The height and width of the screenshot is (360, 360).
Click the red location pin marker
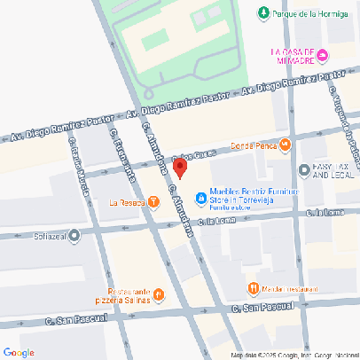click(x=178, y=168)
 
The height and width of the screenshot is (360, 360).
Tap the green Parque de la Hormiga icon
click(x=262, y=12)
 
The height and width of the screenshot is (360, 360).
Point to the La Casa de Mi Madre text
click(x=293, y=56)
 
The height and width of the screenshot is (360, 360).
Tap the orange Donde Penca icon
click(x=285, y=145)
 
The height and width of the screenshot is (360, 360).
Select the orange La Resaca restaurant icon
click(x=154, y=202)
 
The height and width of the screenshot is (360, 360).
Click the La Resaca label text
click(x=127, y=202)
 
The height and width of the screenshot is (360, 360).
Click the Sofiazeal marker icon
click(x=74, y=236)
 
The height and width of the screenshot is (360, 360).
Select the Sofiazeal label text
click(x=46, y=236)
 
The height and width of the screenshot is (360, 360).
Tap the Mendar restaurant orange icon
click(x=254, y=287)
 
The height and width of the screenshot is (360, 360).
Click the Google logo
click(x=19, y=352)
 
